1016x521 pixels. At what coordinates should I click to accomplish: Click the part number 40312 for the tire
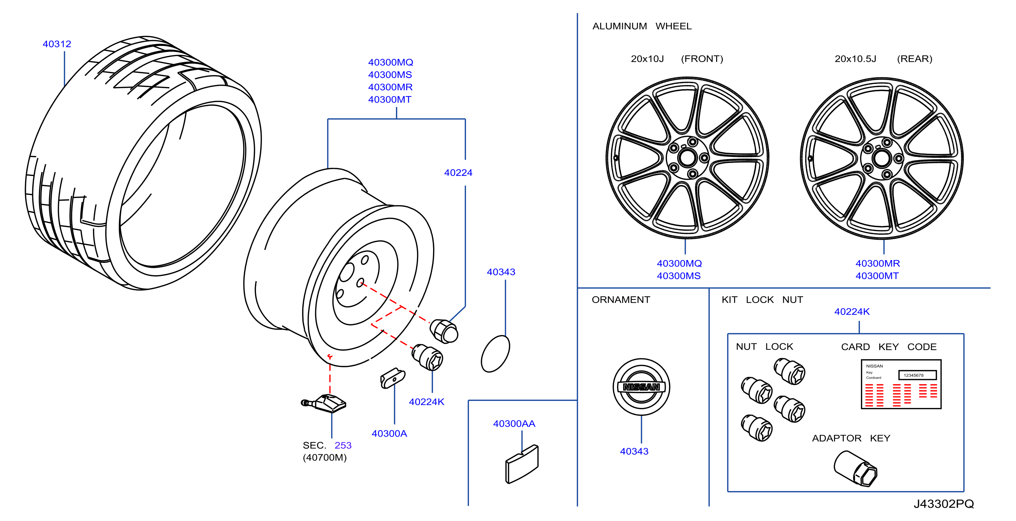57,44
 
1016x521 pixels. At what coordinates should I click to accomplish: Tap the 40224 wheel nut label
458,172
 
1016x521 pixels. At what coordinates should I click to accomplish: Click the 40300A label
389,433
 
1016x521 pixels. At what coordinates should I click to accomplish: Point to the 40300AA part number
514,423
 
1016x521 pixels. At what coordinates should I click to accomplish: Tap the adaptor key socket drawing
855,468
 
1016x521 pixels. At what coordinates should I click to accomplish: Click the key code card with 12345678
901,384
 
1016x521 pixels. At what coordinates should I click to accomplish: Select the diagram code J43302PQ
943,504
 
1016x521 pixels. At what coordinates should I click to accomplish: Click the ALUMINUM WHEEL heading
642,26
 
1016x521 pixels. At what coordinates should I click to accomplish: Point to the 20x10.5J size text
855,59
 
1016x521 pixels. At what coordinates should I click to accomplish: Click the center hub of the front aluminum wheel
687,158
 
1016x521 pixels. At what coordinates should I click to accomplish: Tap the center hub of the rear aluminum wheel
882,159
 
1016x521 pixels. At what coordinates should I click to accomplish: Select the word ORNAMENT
621,299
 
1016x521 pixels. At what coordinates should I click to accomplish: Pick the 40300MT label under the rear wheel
877,276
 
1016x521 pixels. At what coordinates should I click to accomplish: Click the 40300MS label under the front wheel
678,276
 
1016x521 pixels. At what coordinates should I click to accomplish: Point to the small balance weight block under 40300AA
522,464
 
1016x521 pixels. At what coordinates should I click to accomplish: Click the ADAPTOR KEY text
851,438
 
